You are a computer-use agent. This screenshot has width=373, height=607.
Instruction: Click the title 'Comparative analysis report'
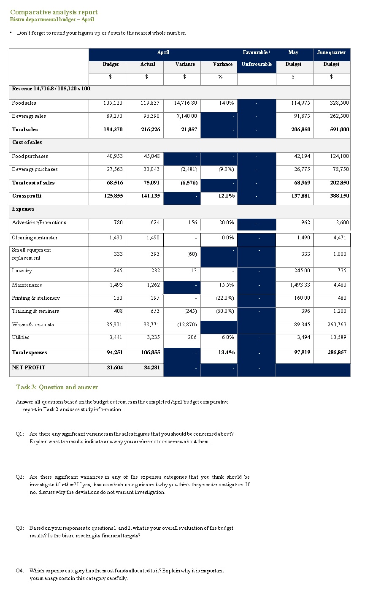click(x=54, y=12)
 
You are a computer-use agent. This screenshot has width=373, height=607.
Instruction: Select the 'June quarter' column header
click(x=331, y=52)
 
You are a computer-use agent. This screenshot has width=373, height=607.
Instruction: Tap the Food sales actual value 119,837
click(x=150, y=103)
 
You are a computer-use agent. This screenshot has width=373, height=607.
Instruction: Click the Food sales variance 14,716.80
click(x=185, y=103)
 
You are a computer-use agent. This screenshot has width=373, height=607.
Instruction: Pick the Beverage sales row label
click(x=29, y=116)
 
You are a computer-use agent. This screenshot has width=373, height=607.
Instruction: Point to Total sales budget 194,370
click(x=113, y=130)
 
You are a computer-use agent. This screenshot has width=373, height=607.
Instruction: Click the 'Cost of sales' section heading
click(x=27, y=142)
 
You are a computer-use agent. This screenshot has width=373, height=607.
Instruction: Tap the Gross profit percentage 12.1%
click(x=227, y=196)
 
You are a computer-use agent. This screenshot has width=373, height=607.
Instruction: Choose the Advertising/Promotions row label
click(x=39, y=222)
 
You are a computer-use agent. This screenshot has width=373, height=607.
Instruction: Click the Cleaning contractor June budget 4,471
click(x=338, y=238)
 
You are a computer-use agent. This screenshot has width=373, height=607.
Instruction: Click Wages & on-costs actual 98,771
click(x=150, y=325)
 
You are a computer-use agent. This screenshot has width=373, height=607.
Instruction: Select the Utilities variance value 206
click(x=192, y=337)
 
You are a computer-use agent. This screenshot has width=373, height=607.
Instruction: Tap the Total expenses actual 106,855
click(x=150, y=352)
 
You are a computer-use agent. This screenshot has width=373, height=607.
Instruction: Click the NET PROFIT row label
click(x=28, y=368)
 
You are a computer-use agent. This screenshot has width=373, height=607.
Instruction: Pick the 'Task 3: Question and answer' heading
click(x=57, y=387)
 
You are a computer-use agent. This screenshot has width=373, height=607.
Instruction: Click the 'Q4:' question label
click(x=20, y=571)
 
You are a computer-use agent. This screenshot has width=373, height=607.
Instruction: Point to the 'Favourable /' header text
click(x=256, y=52)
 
